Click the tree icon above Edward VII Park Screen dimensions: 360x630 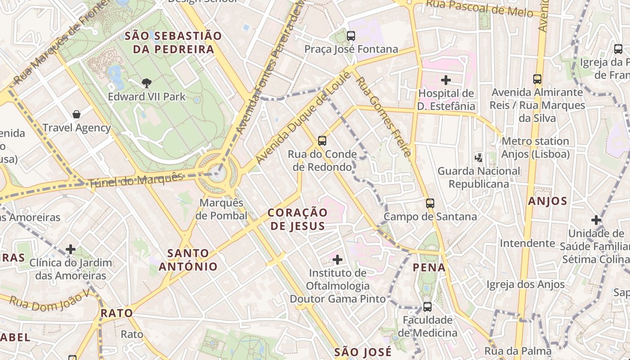[x=146, y=83]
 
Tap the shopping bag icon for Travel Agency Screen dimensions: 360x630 [x=76, y=114]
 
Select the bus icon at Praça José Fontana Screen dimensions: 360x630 [x=351, y=36]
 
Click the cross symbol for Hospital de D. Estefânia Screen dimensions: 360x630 [x=446, y=80]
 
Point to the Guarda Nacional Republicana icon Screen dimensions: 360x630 [x=479, y=157]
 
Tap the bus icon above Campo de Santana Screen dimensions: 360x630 [x=430, y=203]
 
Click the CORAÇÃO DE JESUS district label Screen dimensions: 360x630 [x=297, y=219]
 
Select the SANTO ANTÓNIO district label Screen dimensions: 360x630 [x=188, y=260]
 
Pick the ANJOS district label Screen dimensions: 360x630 [x=548, y=201]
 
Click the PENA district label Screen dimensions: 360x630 [x=429, y=268]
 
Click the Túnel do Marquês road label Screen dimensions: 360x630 [x=136, y=180]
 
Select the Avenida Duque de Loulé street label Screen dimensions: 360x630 [x=302, y=118]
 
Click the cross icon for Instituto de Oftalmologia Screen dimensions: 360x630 [x=337, y=259]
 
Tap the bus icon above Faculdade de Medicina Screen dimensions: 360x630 [x=427, y=307]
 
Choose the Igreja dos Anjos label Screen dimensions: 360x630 [x=526, y=284]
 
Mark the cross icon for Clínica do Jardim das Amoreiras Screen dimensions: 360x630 [x=71, y=249]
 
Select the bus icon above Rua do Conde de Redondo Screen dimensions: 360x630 [x=322, y=140]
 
